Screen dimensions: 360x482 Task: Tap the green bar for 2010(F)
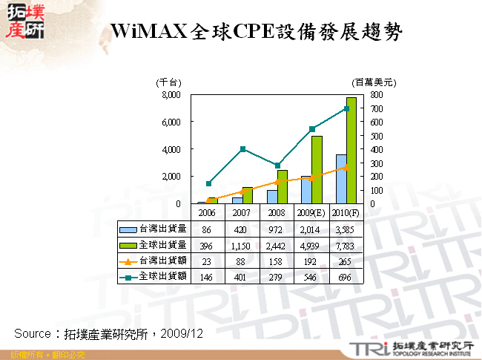pos(351,151)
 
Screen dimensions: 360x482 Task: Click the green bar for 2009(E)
pos(317,170)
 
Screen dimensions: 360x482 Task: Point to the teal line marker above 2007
pos(243,149)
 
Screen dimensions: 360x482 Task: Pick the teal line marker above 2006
pos(208,183)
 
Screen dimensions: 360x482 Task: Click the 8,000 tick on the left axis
pos(171,95)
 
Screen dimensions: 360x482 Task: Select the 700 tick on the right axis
pos(377,108)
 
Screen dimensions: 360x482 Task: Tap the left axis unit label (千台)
pos(168,82)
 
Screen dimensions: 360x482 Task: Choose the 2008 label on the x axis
pos(277,212)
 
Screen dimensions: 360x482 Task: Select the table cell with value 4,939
pos(311,245)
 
